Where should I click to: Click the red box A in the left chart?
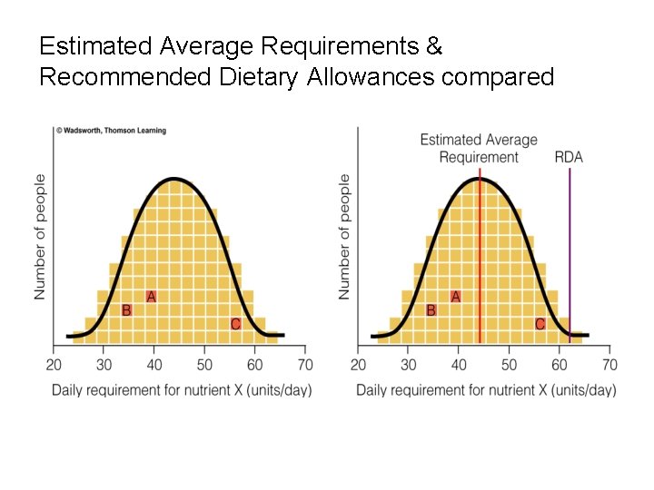[151, 297]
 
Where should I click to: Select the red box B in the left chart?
[126, 310]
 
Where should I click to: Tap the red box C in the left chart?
[235, 324]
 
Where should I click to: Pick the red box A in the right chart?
[455, 297]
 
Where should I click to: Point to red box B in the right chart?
[431, 310]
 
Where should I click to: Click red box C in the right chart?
[540, 324]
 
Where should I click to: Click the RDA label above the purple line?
[569, 157]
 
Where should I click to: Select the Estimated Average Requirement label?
[479, 148]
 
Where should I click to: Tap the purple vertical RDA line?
[570, 254]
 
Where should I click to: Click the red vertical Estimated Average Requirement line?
[480, 254]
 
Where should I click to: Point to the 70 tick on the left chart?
[305, 365]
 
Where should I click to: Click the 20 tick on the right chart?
[359, 365]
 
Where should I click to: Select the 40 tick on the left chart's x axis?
[154, 365]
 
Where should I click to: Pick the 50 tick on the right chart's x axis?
[509, 365]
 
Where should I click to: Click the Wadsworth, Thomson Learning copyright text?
[112, 131]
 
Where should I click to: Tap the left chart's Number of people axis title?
[41, 238]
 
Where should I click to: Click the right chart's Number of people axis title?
[345, 238]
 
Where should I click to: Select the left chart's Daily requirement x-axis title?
[182, 390]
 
